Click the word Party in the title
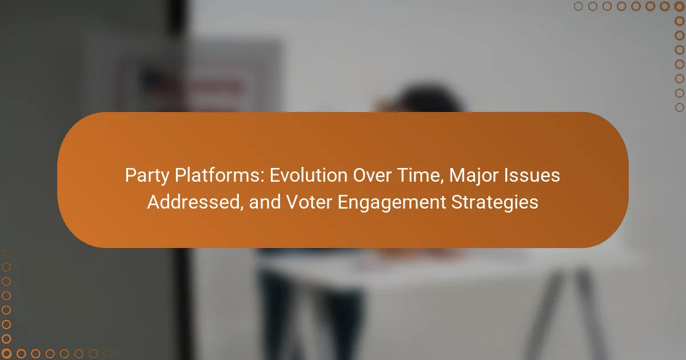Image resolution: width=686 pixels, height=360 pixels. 147,176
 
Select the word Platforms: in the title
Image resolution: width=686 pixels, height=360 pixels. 220,175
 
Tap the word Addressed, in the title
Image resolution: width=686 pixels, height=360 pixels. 196,202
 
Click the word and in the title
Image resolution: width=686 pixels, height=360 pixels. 265,202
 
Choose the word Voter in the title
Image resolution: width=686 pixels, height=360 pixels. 309,202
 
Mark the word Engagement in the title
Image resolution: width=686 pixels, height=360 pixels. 392,203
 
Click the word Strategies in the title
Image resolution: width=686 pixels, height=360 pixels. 494,203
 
